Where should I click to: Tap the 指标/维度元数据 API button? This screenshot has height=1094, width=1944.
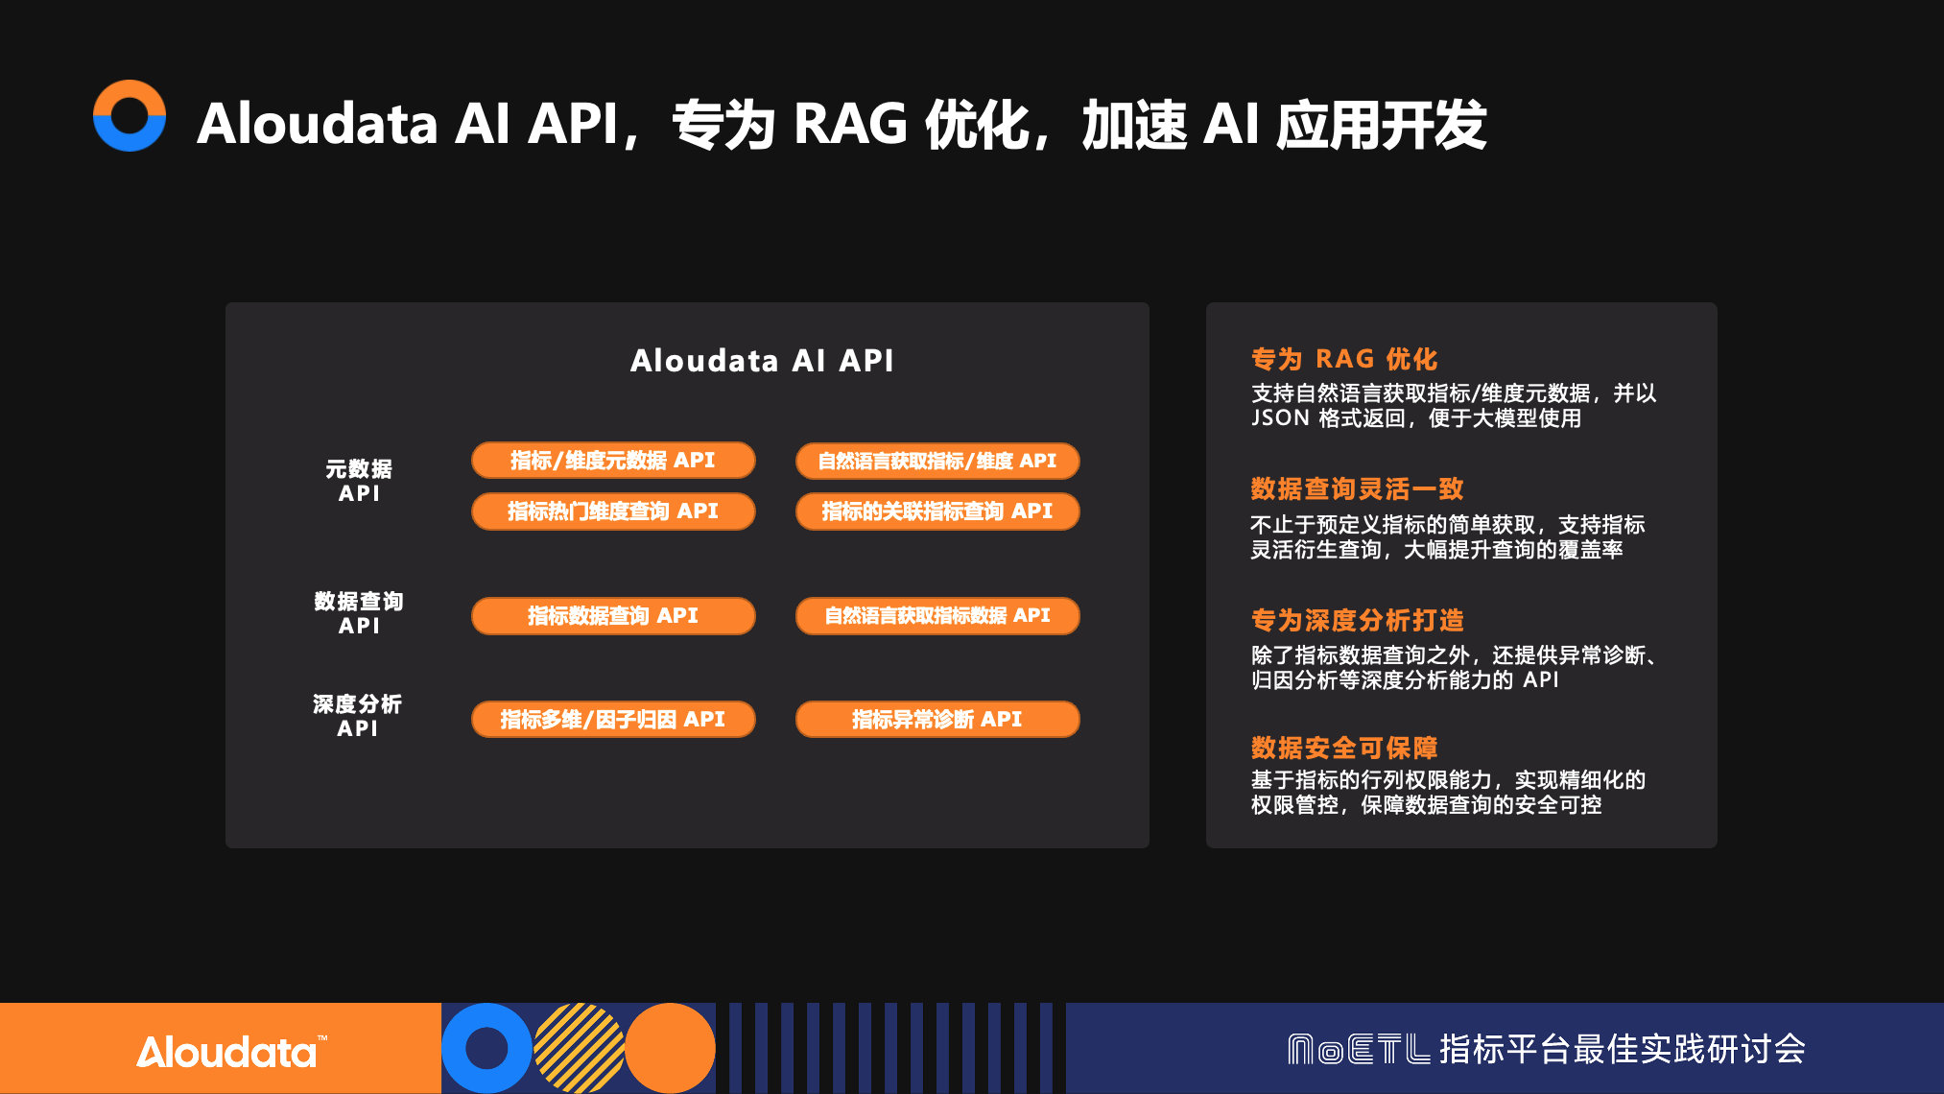click(x=613, y=461)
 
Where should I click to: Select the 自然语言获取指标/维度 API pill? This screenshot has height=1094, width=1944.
click(x=937, y=461)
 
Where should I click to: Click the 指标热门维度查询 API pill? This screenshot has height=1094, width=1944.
click(x=613, y=511)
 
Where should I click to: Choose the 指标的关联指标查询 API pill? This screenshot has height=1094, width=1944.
click(x=937, y=511)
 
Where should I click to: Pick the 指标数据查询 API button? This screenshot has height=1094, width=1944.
click(x=613, y=616)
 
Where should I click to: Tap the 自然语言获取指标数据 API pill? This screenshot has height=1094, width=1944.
click(x=937, y=616)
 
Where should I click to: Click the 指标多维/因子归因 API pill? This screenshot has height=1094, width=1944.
click(x=613, y=720)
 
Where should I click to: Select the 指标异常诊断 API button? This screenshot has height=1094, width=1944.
click(x=937, y=720)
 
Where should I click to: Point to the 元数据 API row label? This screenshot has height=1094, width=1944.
click(x=359, y=481)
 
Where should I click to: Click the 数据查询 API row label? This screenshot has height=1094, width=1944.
click(x=359, y=613)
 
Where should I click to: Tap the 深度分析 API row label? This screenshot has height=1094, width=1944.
click(x=357, y=716)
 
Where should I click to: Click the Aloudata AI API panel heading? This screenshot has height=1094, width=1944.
click(x=762, y=361)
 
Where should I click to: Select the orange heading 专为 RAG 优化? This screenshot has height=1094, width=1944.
click(x=1344, y=359)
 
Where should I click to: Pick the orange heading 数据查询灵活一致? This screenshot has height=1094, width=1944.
click(x=1357, y=489)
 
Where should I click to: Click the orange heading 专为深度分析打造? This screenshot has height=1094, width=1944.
click(x=1357, y=620)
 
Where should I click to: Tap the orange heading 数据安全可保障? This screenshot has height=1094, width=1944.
click(x=1344, y=748)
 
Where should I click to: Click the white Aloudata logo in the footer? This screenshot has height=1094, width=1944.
click(x=231, y=1052)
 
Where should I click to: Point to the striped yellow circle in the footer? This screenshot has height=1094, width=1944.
click(x=579, y=1048)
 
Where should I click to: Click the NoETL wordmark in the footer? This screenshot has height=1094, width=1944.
click(x=1359, y=1049)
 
